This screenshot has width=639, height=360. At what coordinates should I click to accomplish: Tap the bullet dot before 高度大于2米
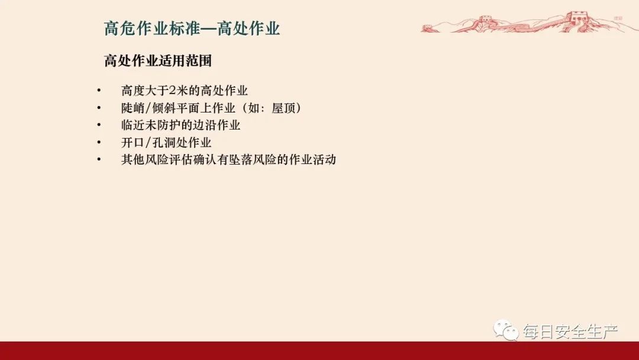click(99, 91)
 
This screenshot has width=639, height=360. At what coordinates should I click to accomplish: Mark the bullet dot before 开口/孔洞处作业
click(99, 143)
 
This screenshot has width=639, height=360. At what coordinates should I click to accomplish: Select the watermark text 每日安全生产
click(570, 332)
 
